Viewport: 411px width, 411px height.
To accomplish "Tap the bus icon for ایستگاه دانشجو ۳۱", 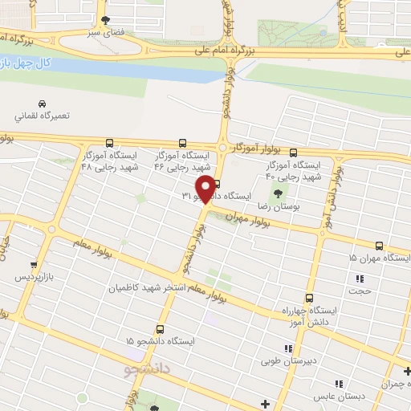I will pyautogui.click(x=217, y=183).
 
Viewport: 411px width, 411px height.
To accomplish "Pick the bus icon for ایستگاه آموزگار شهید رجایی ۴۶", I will pyautogui.click(x=182, y=143).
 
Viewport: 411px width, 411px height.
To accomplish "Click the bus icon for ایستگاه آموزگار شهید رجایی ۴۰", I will pyautogui.click(x=293, y=152).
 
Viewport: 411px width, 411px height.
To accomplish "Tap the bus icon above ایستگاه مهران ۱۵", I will pyautogui.click(x=379, y=246).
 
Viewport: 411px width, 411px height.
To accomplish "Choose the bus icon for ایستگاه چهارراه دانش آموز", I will pyautogui.click(x=308, y=297).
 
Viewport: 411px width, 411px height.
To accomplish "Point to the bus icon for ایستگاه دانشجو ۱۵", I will pyautogui.click(x=160, y=329).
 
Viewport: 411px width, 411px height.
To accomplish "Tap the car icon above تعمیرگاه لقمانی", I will pyautogui.click(x=42, y=104).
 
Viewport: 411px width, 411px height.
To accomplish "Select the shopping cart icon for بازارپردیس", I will pyautogui.click(x=33, y=264).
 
